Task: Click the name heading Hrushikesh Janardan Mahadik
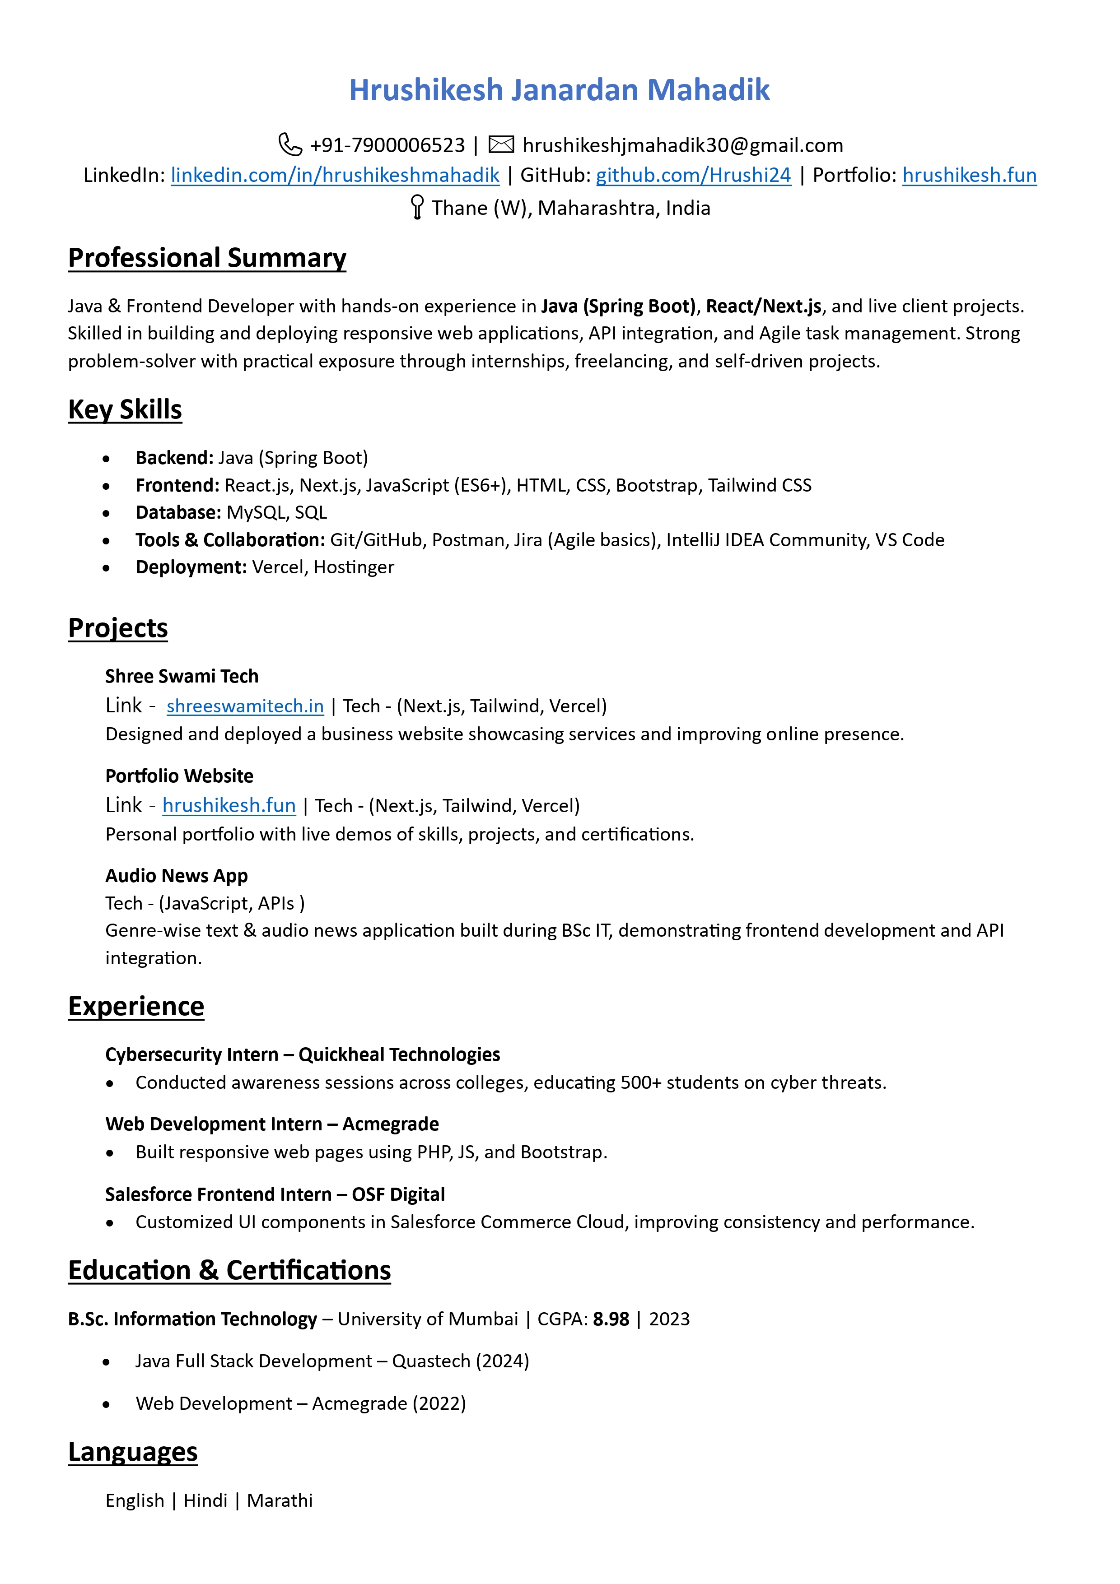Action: click(x=559, y=90)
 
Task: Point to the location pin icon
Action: click(x=417, y=207)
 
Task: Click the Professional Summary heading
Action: click(x=207, y=258)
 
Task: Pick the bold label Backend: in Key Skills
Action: click(x=175, y=458)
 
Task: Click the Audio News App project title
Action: click(x=176, y=875)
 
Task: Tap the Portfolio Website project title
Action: click(x=179, y=776)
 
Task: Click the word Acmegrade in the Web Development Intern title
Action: click(x=391, y=1124)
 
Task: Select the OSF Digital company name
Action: click(x=398, y=1195)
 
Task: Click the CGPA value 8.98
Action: click(x=611, y=1319)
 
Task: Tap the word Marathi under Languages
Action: click(x=280, y=1500)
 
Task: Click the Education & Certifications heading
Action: click(x=229, y=1271)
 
